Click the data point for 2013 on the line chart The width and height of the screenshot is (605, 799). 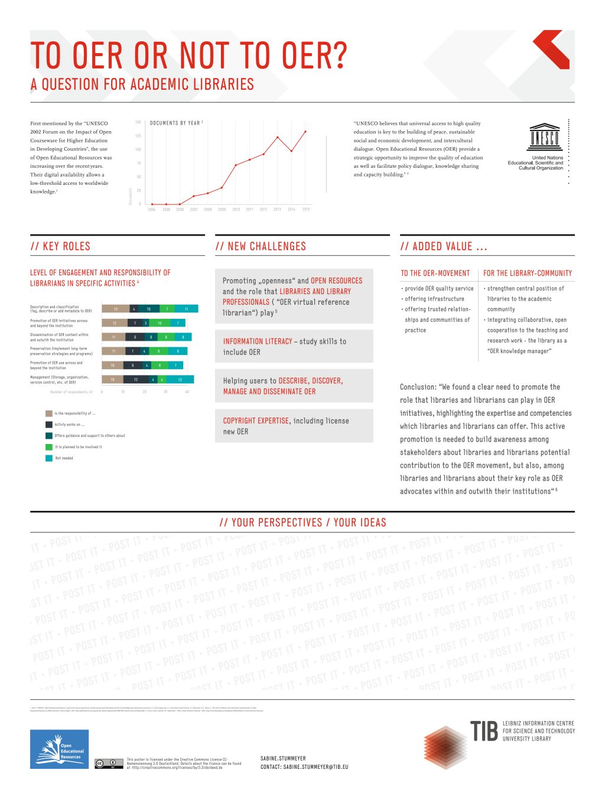click(x=278, y=137)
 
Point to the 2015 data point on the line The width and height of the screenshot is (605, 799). click(x=305, y=131)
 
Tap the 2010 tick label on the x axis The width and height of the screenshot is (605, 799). click(x=236, y=209)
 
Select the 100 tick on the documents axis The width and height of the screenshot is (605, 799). click(x=138, y=149)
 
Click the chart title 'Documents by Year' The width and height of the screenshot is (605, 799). click(x=176, y=123)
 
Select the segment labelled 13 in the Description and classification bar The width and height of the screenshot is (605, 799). click(x=115, y=309)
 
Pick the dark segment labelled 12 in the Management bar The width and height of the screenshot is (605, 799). click(x=136, y=379)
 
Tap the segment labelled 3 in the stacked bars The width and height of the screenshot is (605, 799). click(x=145, y=323)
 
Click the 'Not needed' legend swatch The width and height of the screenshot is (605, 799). click(x=49, y=458)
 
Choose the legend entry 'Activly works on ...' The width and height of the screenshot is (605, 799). click(x=69, y=425)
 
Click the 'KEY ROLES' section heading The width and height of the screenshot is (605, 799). click(x=60, y=246)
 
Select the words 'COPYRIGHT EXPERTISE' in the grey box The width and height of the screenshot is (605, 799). click(x=256, y=421)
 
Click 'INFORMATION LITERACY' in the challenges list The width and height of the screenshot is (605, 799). click(x=258, y=341)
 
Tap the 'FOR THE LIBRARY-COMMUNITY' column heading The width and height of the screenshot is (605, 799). click(x=528, y=273)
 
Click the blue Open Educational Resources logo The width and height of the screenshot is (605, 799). click(x=59, y=749)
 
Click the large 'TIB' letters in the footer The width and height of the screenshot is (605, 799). click(x=484, y=731)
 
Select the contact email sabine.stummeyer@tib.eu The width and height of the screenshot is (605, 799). click(x=315, y=767)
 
